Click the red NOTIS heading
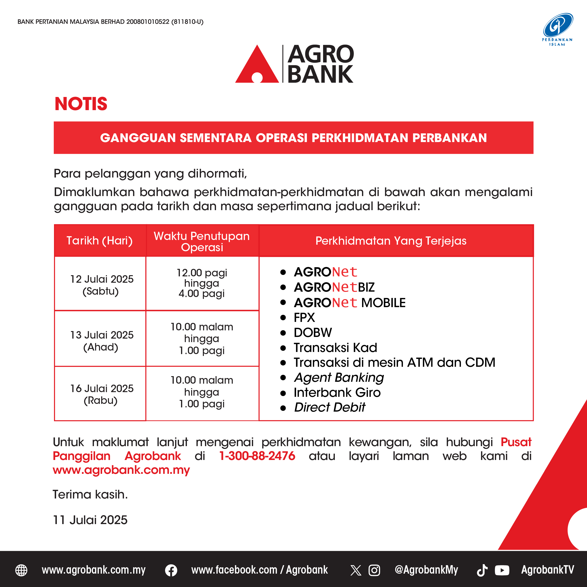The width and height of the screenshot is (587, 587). click(81, 104)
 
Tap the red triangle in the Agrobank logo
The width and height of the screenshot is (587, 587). click(257, 65)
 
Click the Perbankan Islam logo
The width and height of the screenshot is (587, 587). click(558, 29)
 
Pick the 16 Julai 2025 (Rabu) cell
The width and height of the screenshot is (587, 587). click(100, 394)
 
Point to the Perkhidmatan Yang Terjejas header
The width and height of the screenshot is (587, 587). click(391, 241)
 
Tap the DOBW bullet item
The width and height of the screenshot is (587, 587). click(313, 333)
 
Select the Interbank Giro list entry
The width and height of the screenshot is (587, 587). click(337, 393)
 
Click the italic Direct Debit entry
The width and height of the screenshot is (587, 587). click(330, 407)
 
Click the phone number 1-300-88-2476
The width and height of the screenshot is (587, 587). click(257, 456)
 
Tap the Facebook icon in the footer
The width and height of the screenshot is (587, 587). click(171, 570)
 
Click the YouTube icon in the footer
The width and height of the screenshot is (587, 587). click(502, 570)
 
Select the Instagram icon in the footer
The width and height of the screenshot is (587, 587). click(374, 570)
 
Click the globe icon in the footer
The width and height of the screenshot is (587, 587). click(21, 570)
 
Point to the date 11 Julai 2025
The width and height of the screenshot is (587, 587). click(90, 520)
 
